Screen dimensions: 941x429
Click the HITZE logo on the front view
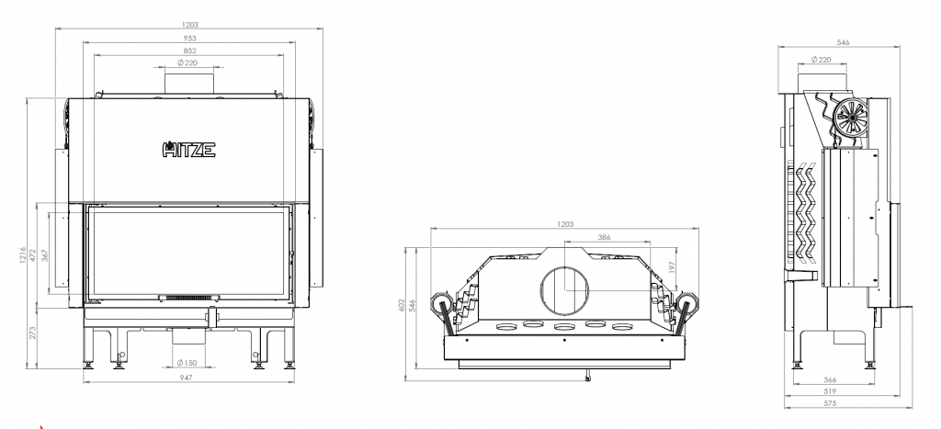coord(189,149)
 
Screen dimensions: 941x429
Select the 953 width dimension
coord(189,39)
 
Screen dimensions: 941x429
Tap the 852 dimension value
coord(189,51)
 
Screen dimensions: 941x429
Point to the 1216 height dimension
coord(23,255)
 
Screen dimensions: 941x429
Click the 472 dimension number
coord(34,255)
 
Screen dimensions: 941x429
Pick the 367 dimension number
coord(45,255)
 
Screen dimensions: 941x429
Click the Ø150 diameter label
coord(187,363)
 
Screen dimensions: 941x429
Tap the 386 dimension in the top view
coord(605,238)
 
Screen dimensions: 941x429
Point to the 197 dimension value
coord(673,266)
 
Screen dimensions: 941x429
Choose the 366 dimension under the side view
coord(830,379)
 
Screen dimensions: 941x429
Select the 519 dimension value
coord(830,391)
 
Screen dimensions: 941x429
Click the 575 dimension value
coord(830,403)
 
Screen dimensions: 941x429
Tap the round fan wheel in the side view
coord(851,117)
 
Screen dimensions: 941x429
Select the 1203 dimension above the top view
coord(565,224)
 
